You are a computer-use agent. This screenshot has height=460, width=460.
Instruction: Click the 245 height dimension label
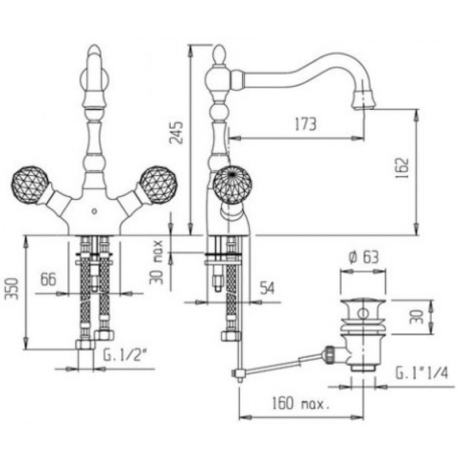coord(177,132)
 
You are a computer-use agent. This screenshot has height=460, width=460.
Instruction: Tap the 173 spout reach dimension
coord(305,124)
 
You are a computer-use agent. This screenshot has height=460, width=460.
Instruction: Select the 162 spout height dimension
coord(401,168)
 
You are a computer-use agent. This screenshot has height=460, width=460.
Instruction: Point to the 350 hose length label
coord(13,289)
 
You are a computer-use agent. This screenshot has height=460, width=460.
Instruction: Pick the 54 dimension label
coord(267,288)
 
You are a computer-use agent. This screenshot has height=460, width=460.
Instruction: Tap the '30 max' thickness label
coord(157,263)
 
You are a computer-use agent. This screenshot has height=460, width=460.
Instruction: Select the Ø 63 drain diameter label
coord(363,257)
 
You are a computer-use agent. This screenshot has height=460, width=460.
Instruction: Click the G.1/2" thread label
coord(125,356)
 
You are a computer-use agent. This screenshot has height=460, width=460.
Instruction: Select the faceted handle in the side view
coord(232,185)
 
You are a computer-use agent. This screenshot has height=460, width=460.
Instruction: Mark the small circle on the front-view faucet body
coord(94,210)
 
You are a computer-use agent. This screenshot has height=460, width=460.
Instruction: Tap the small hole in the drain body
coord(363,313)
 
